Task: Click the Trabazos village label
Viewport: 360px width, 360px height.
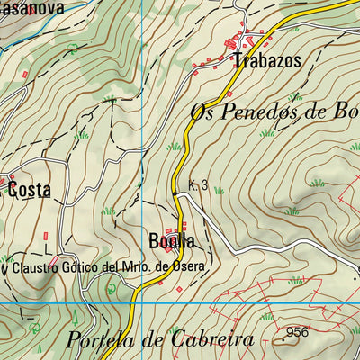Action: tap(266, 62)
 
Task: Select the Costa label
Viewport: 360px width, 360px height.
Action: tap(29, 191)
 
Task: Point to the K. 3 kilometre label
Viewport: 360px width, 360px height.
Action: tap(199, 185)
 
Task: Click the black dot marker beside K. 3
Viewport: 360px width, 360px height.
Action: tap(175, 193)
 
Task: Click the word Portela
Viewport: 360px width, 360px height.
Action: tap(104, 340)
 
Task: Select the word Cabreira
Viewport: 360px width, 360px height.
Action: tap(210, 340)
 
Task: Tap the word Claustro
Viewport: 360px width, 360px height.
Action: tap(38, 268)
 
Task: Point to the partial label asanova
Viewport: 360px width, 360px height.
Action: tap(25, 8)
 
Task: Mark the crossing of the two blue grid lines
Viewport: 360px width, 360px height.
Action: tap(143, 304)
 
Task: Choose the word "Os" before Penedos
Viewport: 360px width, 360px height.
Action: tap(203, 112)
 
